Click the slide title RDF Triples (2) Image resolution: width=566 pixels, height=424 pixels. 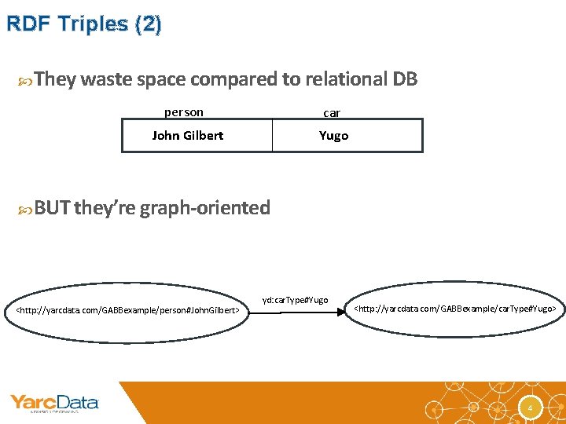[x=83, y=24]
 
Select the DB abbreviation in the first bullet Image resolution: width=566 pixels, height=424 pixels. [x=404, y=79]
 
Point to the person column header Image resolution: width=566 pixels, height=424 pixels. [x=183, y=112]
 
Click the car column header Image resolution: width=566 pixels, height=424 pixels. [x=332, y=113]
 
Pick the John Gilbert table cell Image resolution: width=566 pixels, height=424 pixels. [x=188, y=135]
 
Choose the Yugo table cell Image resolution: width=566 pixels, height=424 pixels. [x=333, y=135]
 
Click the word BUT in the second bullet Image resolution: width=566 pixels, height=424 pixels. [x=52, y=208]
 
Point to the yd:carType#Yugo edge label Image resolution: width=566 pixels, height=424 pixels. [x=295, y=300]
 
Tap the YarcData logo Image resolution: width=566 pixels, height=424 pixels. [x=54, y=404]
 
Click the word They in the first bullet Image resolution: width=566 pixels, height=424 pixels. [x=55, y=79]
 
